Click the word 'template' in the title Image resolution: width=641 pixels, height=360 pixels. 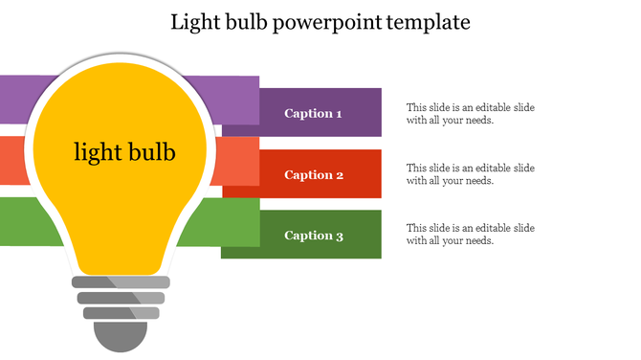pyautogui.click(x=428, y=22)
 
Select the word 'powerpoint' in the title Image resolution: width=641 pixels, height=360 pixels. pyautogui.click(x=325, y=22)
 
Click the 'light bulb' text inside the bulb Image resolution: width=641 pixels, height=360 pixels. pyautogui.click(x=124, y=151)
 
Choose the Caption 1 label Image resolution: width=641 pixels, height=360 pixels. pyautogui.click(x=313, y=114)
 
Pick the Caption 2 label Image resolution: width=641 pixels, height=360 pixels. pyautogui.click(x=313, y=175)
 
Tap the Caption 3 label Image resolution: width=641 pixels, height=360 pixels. pyautogui.click(x=313, y=236)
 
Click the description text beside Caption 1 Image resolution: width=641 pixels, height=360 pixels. pyautogui.click(x=470, y=114)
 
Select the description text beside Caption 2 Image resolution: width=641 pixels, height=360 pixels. pyautogui.click(x=470, y=174)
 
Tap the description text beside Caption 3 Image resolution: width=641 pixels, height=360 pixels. pyautogui.click(x=470, y=235)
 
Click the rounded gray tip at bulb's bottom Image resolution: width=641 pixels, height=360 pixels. pyautogui.click(x=121, y=337)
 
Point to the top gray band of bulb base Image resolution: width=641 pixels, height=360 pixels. pyautogui.click(x=121, y=282)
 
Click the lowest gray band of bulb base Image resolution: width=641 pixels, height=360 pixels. pyautogui.click(x=121, y=312)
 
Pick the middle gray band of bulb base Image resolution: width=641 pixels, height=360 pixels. pyautogui.click(x=121, y=298)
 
